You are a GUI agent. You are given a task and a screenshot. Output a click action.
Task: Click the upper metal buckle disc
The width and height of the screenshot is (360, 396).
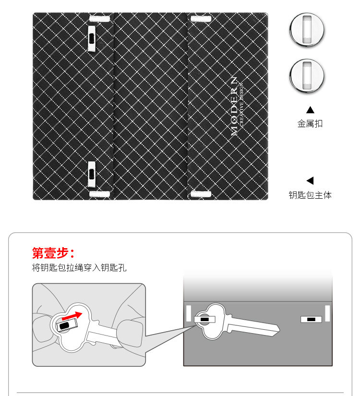click(x=307, y=30)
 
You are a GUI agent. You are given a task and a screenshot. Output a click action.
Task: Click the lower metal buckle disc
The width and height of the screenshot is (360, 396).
click(x=307, y=76)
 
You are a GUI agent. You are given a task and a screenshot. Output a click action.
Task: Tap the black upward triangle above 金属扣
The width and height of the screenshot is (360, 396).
click(x=310, y=110)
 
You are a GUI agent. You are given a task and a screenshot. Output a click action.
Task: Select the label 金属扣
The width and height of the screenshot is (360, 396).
click(x=310, y=124)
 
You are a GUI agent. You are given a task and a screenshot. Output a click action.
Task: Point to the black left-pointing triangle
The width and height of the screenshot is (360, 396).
click(x=310, y=180)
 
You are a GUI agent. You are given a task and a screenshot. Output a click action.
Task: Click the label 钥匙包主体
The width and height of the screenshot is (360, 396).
click(x=310, y=195)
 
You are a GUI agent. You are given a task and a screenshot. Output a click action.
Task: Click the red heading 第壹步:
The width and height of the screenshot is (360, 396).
click(x=53, y=253)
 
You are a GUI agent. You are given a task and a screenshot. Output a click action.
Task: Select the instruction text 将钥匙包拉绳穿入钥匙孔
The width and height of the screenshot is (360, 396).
click(x=79, y=267)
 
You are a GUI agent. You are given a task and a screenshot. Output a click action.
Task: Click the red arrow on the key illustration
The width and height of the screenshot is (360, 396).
click(x=72, y=316)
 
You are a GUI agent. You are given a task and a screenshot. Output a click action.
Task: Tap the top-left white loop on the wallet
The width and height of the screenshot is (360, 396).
click(x=99, y=19)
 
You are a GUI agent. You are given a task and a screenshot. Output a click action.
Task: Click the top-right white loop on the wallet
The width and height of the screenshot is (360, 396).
click(x=201, y=19)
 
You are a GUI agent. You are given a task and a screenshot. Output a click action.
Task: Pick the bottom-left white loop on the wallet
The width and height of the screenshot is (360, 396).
click(x=99, y=194)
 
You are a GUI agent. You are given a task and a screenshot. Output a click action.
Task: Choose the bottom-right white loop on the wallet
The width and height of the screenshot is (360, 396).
click(x=201, y=194)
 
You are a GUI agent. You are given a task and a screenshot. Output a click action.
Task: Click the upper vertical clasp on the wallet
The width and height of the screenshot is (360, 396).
click(x=92, y=38)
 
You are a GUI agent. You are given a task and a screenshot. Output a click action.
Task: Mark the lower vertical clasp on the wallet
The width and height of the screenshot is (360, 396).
click(x=92, y=174)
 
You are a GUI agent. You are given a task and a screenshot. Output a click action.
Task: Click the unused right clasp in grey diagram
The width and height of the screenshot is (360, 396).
click(x=311, y=320)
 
